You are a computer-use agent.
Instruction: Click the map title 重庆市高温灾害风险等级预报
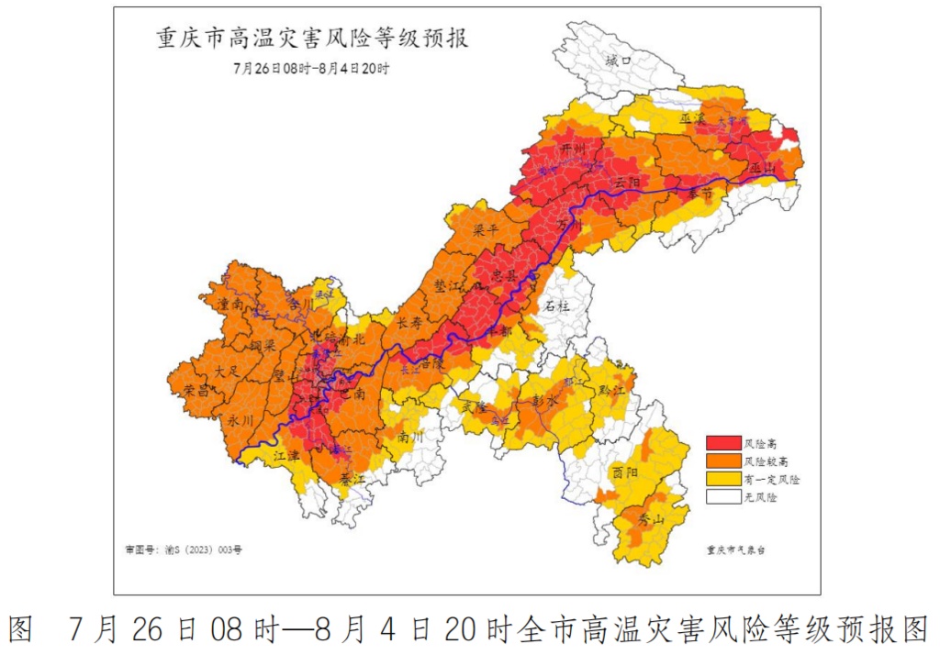(311, 40)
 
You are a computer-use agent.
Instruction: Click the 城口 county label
(620, 61)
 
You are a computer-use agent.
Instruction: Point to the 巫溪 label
(692, 119)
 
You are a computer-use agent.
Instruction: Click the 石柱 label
(557, 305)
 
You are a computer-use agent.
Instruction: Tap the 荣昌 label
(196, 389)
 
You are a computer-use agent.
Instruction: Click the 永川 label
(240, 420)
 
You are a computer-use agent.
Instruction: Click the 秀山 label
(651, 518)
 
